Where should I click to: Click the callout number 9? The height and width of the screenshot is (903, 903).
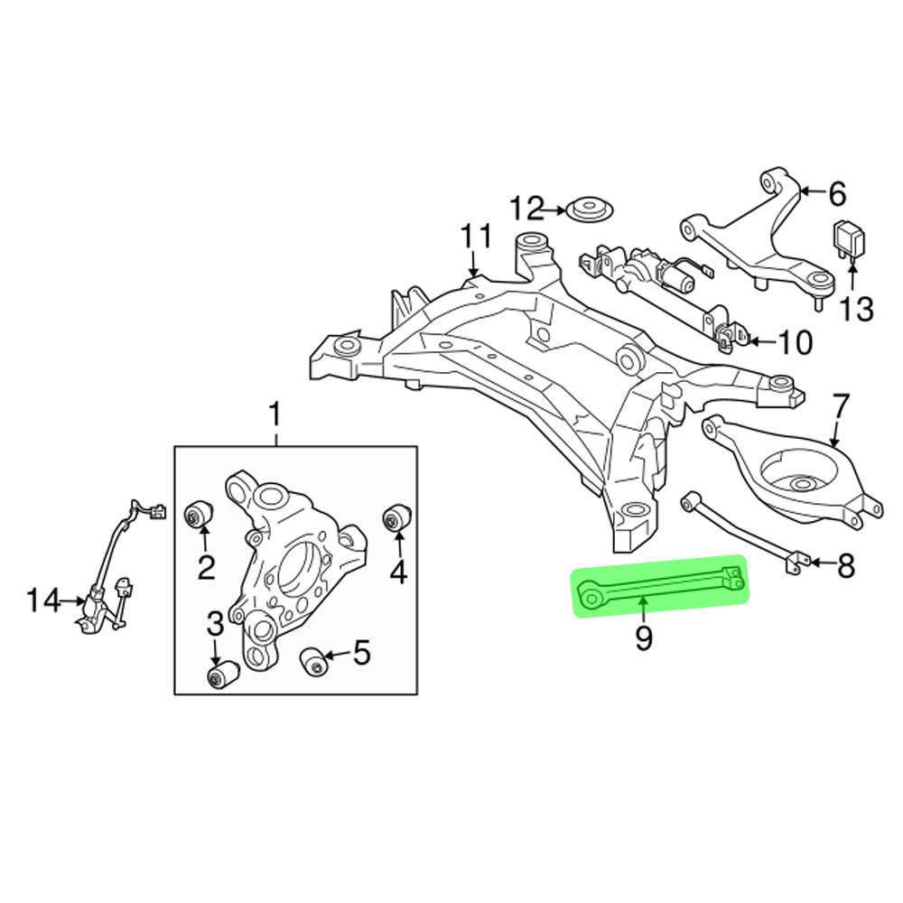coord(643,638)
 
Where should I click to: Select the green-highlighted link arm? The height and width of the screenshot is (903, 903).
coord(660,586)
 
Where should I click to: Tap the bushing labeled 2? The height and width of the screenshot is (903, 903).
coord(200,515)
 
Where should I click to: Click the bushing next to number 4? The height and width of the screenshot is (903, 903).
coord(396,517)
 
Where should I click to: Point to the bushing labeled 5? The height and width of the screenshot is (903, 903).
coord(314,661)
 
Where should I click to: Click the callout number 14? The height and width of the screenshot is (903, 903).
coord(43,600)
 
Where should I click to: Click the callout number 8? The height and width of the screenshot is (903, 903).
coord(845,566)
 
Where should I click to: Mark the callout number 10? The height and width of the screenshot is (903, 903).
coord(796,342)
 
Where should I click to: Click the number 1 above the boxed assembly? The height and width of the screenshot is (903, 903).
coord(275,414)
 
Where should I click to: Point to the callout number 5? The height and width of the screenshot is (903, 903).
coord(361,653)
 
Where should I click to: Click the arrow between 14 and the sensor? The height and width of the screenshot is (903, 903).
coord(73,601)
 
